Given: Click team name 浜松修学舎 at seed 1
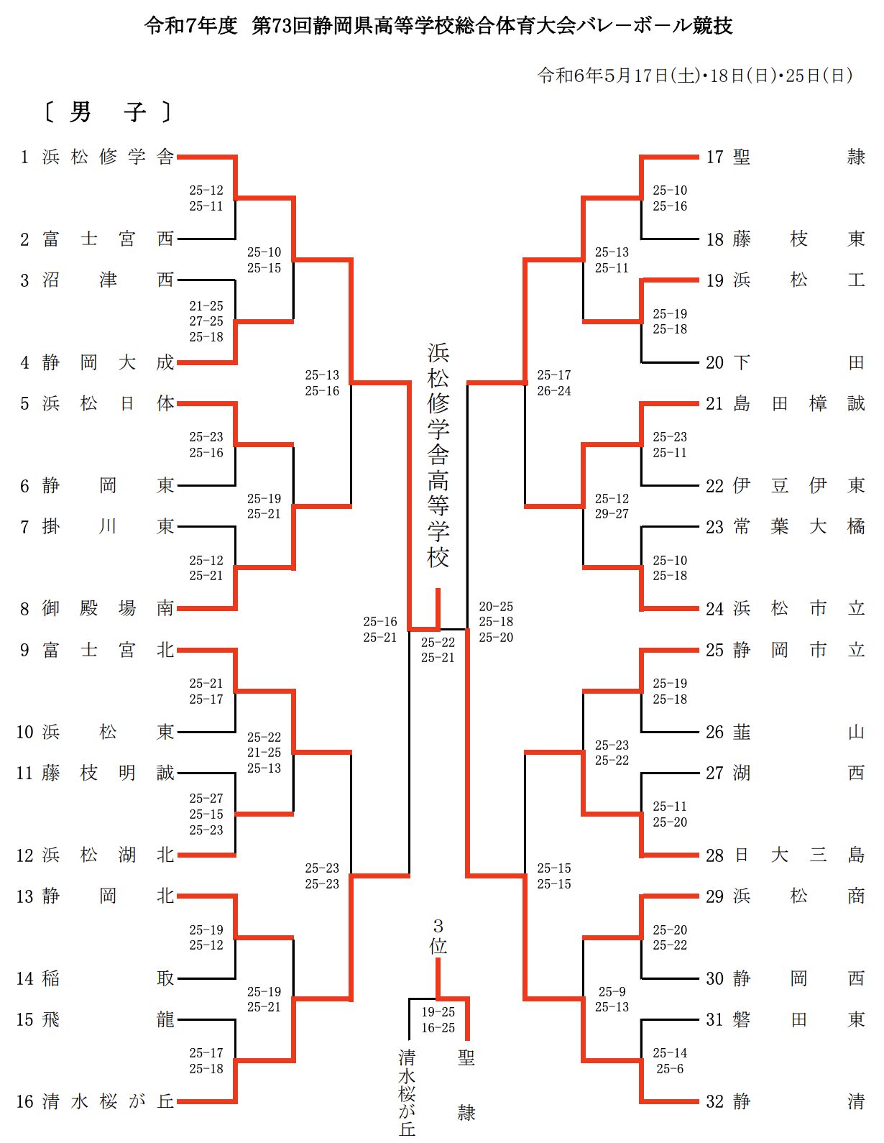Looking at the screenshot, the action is click(x=108, y=157).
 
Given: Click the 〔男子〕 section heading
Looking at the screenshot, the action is click(x=107, y=112).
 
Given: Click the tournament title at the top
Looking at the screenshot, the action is click(x=438, y=25).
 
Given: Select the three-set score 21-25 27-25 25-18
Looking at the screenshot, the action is click(x=206, y=321).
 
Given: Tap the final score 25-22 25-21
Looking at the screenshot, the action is click(x=438, y=650).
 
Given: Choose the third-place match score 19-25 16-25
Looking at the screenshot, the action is click(x=438, y=1019).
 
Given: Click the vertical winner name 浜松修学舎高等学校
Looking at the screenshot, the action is click(x=438, y=456).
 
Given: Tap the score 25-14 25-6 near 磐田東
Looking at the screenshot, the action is click(x=669, y=1060).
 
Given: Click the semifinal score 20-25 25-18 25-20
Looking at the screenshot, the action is click(x=495, y=622).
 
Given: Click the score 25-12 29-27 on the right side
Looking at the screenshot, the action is click(x=612, y=506).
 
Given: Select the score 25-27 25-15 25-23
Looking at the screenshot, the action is click(x=206, y=814).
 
